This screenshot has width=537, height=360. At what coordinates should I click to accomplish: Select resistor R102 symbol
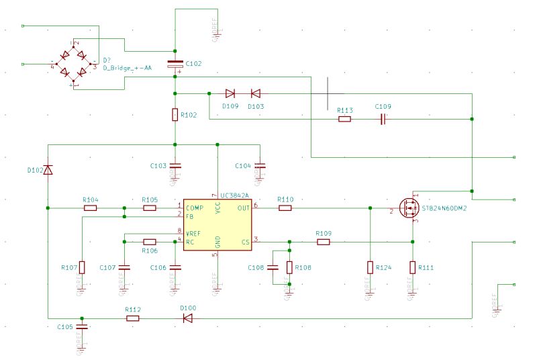175,115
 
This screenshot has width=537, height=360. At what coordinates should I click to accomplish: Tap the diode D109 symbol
230,93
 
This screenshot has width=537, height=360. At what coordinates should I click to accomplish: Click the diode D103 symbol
256,93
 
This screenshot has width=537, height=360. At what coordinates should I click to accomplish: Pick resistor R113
344,119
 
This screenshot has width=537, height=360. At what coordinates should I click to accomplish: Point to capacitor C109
383,119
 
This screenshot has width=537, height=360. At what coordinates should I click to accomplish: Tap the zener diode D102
48,170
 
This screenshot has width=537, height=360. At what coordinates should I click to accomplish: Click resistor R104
90,208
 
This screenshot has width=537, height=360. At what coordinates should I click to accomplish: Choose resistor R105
150,208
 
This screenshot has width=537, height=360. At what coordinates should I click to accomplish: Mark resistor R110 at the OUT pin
285,208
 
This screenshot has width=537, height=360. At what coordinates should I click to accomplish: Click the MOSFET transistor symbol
407,208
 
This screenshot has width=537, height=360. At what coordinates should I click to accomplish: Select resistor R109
324,242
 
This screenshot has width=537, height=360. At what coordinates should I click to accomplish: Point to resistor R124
370,267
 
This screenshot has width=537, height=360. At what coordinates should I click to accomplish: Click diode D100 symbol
188,318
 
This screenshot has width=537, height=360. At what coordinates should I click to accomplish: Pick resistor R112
133,318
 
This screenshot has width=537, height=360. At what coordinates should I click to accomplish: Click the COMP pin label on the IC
195,208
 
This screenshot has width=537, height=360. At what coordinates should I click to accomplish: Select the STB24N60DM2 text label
444,208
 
